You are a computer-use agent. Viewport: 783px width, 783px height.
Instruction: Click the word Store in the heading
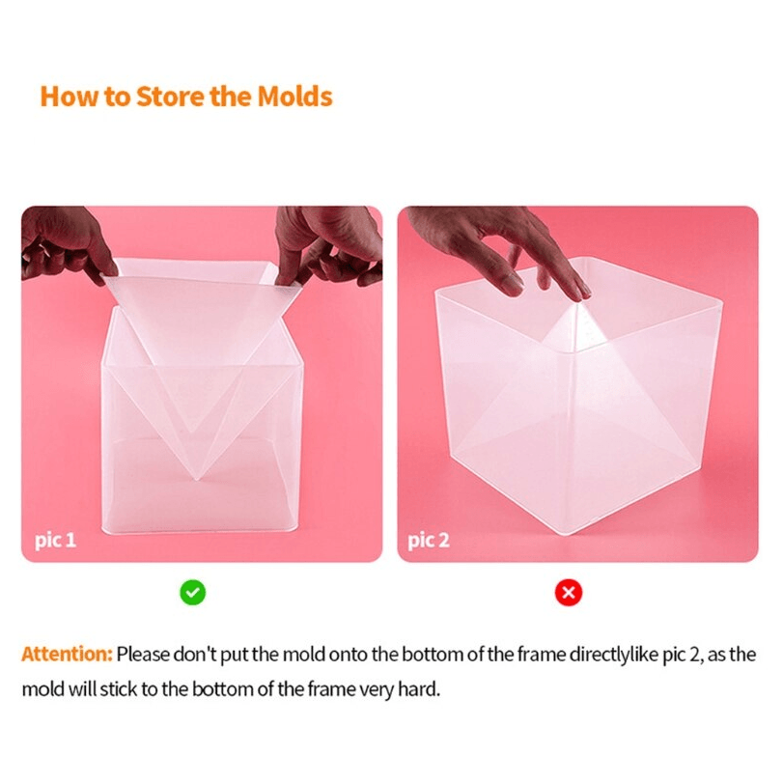[x=170, y=97]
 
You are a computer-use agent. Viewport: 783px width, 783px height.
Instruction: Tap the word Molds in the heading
[x=294, y=97]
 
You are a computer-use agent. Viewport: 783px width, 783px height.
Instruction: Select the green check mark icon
[x=193, y=592]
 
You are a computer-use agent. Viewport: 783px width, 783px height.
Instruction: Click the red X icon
[x=569, y=592]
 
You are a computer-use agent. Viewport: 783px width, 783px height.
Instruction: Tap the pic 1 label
[x=55, y=541]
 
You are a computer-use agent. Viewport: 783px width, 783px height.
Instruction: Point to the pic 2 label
[x=429, y=541]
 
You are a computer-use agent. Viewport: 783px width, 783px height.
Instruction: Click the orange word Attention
[x=67, y=655]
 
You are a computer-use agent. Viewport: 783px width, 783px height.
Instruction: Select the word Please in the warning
[x=143, y=655]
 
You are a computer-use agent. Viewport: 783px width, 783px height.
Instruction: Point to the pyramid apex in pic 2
[x=574, y=305]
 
